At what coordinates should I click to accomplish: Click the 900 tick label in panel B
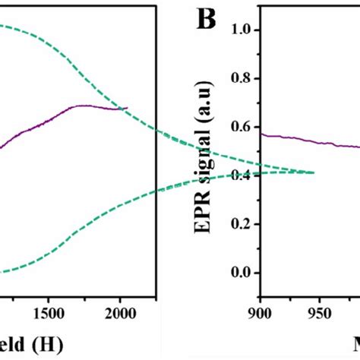point(261,312)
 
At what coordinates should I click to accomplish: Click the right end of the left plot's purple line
point(127,109)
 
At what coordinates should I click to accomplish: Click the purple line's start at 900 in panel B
point(261,134)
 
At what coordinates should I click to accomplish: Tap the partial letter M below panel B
point(352,346)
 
